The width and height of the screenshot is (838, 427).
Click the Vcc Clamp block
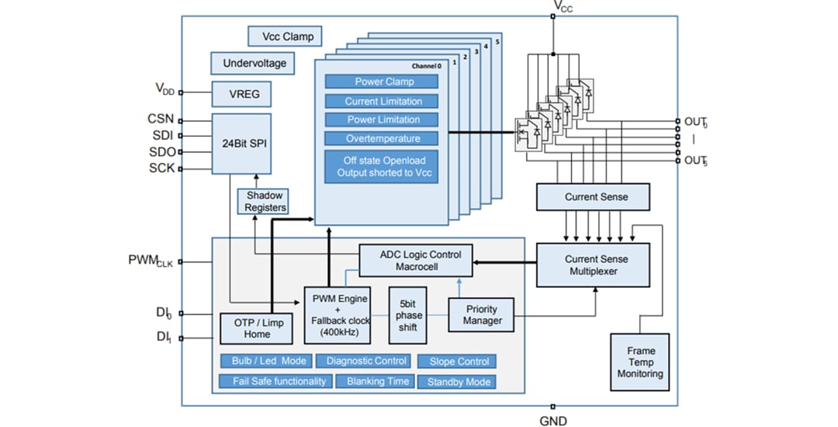point(286,36)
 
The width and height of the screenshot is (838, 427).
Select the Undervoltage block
point(254,63)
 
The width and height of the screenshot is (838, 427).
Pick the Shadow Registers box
point(265,202)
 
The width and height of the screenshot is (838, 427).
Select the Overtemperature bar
point(383,138)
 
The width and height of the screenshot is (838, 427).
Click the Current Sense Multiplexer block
point(596,265)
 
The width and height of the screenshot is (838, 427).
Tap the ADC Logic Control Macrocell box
point(420,260)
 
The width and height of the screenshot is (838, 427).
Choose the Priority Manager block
point(482,315)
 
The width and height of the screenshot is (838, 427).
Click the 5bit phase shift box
point(409,315)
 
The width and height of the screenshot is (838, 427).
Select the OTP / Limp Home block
point(257,328)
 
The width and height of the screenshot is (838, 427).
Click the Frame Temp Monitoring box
point(640,362)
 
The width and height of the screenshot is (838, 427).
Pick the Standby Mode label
point(458,381)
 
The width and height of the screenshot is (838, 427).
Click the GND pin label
point(553,421)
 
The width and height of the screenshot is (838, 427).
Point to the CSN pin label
point(161,120)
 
